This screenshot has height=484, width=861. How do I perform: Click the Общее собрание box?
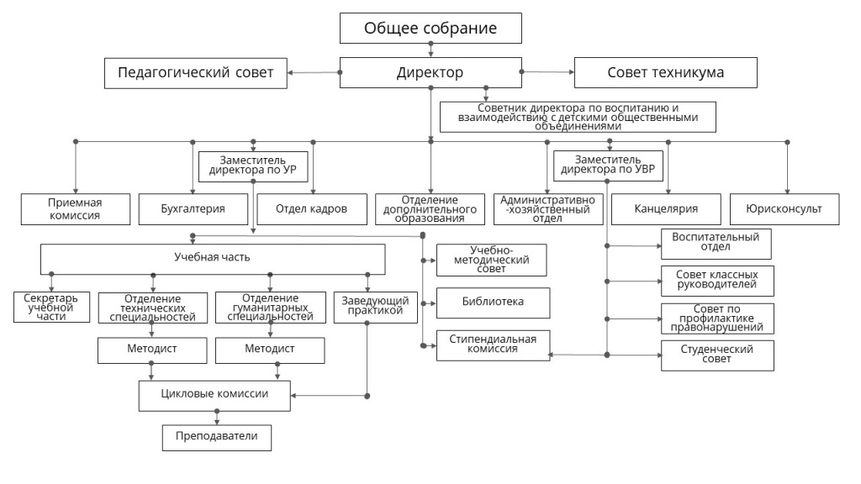coord(430,29)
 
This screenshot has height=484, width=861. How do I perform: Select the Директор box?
coord(430,72)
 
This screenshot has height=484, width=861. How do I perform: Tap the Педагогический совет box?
coord(194,72)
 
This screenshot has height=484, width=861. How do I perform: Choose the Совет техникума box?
coord(665,72)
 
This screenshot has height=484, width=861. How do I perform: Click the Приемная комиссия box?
coord(75,208)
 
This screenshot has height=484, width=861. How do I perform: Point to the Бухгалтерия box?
coord(193,208)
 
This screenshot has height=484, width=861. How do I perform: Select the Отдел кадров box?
coord(310,208)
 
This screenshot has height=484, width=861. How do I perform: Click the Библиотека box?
coord(492,302)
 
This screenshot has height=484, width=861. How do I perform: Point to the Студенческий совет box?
coord(716,355)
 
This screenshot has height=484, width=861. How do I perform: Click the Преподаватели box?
coord(217,437)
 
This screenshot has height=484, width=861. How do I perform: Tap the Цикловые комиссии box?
coord(215,395)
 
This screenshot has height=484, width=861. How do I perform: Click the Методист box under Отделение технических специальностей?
coord(152,349)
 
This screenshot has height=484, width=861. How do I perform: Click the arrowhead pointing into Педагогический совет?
coord(291,72)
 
